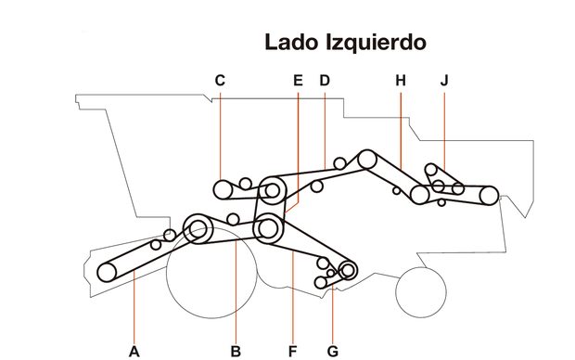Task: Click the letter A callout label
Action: tap(134, 351)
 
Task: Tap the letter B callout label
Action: tap(236, 351)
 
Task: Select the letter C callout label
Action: tap(220, 81)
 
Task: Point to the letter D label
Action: tap(325, 81)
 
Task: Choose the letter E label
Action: tap(298, 81)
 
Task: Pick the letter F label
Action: tap(293, 351)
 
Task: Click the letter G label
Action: tap(333, 351)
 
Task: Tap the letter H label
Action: tap(401, 81)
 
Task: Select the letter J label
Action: tap(444, 81)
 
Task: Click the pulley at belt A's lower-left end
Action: tap(108, 271)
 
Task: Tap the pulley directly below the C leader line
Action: tap(223, 191)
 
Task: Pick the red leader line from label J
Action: tap(444, 130)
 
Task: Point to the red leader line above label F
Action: tap(293, 297)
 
